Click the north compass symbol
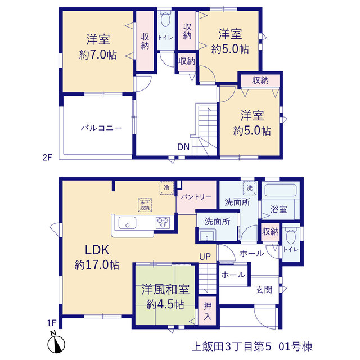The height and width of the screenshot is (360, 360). click(56, 343)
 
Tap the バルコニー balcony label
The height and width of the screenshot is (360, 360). click(101, 128)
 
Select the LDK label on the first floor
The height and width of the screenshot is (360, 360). click(97, 250)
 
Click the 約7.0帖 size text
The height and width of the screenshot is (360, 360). click(98, 55)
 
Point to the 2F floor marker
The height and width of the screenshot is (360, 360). click(47, 157)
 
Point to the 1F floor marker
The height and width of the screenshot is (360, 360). click(51, 323)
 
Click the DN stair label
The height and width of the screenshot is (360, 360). click(183, 147)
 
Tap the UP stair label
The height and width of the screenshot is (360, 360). click(205, 256)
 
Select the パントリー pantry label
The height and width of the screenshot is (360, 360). click(196, 197)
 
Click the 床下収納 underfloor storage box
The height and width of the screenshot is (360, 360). click(145, 205)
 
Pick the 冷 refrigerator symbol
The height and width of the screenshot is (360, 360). click(166, 188)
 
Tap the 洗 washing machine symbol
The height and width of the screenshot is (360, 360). click(250, 188)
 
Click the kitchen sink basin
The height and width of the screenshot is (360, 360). click(127, 223)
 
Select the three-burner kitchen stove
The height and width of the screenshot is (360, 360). click(163, 223)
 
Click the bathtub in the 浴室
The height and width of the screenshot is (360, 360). click(281, 190)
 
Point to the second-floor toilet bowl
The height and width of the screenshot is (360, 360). click(165, 20)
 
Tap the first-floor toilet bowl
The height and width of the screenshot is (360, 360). click(291, 236)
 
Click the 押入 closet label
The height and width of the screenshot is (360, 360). click(208, 312)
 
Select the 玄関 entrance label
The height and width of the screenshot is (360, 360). click(264, 290)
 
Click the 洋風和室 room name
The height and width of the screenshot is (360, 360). click(165, 289)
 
